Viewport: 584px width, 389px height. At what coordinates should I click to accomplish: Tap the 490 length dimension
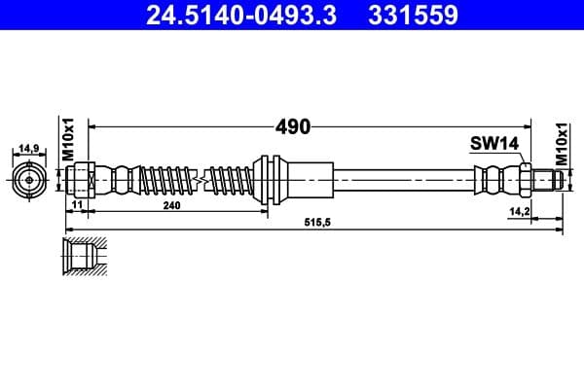pos(292,127)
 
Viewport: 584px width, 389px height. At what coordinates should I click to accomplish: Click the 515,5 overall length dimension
pos(313,223)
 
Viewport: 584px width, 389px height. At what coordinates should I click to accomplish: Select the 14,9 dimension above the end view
pos(28,149)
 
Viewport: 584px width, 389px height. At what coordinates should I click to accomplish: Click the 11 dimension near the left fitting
pos(75,207)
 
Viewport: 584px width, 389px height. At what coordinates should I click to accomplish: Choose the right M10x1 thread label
pos(562,142)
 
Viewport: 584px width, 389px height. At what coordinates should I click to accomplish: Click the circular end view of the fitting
pos(28,180)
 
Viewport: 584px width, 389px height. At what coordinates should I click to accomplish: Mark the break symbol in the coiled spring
pos(199,179)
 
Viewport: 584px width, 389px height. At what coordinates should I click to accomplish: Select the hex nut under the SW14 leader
pos(525,179)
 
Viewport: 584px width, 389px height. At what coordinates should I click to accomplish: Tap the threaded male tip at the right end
pos(552,179)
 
